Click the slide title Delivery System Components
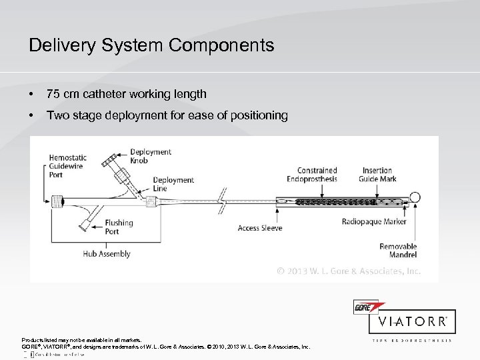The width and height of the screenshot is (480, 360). coord(151,45)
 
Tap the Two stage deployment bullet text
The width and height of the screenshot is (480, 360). coord(166,116)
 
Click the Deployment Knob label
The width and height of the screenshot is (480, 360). coord(151,157)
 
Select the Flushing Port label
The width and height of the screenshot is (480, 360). coord(118,227)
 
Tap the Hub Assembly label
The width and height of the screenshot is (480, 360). coord(106,254)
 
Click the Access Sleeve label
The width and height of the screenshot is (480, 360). coord(260,228)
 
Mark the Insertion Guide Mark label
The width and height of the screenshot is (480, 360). coord(377,175)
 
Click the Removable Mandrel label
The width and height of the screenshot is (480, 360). coord(398,251)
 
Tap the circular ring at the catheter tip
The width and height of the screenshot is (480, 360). coord(415,198)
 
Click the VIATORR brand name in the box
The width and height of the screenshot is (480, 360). coord(413,321)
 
